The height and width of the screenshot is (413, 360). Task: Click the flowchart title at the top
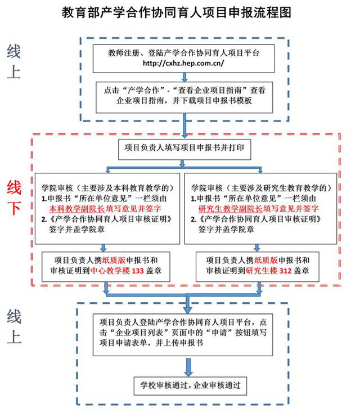tap(180, 12)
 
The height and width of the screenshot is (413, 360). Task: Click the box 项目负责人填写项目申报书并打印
tap(181, 149)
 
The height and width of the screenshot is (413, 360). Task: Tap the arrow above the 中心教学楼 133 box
tap(103, 249)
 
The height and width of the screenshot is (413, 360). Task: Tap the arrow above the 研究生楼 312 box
tap(256, 249)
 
